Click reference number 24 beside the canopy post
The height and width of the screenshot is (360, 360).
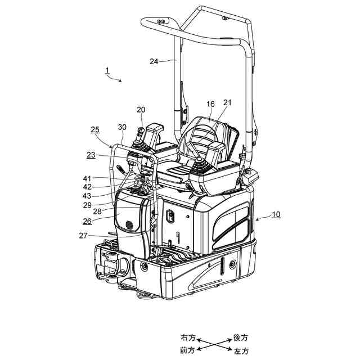tap(154, 62)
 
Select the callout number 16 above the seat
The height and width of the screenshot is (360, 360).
tap(211, 104)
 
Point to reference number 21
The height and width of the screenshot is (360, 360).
tap(227, 102)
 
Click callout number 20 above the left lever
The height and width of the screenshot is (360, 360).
tap(141, 110)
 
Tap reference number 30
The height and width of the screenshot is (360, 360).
tap(122, 127)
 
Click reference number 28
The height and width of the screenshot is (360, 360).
tap(97, 211)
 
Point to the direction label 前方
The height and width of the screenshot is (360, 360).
tap(188, 350)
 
